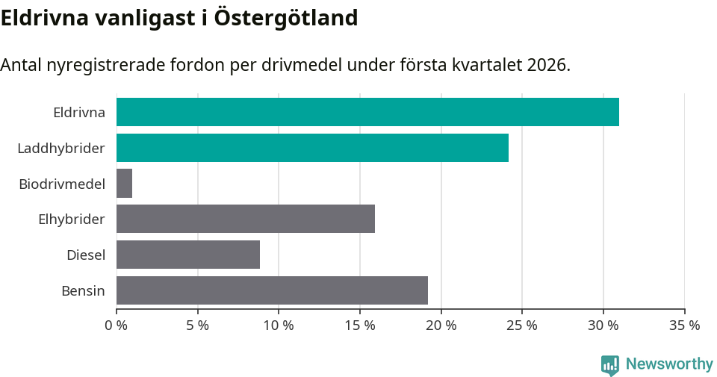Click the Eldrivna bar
367,112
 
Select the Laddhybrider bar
312,148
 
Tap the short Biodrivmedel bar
125,183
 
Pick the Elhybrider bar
246,219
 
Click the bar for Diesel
188,255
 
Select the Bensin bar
272,290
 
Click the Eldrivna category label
79,113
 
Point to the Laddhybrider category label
61,149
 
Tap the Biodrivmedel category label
62,184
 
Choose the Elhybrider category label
72,219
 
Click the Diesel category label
86,255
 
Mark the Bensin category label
83,290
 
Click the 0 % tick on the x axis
117,325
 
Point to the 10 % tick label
279,325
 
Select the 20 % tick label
441,325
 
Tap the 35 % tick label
684,325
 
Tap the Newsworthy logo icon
610,364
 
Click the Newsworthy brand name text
669,364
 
